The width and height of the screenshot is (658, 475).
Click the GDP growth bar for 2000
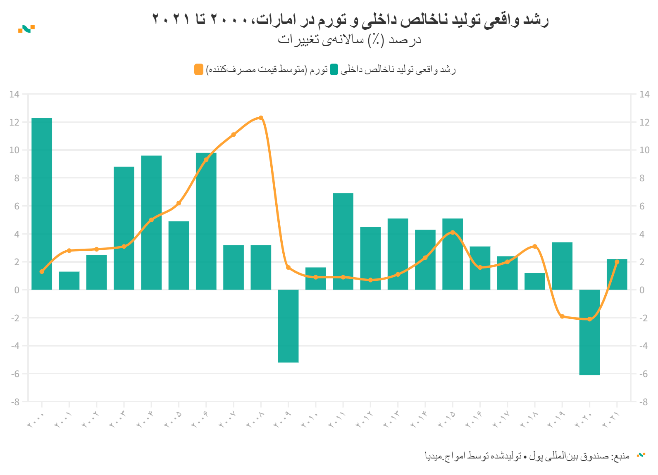click(42, 204)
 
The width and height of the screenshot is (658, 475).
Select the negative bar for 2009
click(288, 326)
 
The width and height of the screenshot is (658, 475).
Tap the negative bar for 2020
click(589, 332)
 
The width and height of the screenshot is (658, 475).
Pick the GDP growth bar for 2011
click(343, 241)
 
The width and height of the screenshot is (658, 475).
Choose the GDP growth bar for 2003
click(124, 228)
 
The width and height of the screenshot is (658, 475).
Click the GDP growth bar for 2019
click(562, 266)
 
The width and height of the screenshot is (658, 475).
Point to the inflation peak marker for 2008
click(261, 118)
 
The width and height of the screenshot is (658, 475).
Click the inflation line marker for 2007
click(234, 135)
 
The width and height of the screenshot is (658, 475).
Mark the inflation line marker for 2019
click(562, 316)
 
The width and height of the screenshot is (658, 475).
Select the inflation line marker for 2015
click(453, 233)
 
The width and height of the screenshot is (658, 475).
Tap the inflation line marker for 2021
click(617, 262)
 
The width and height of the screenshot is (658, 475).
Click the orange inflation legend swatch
click(199, 69)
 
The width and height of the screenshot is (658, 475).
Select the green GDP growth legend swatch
click(334, 69)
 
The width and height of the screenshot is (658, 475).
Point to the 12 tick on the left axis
click(14, 122)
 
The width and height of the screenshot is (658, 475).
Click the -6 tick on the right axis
click(644, 374)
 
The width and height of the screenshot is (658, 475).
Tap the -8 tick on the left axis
click(14, 402)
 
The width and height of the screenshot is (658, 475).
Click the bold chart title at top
click(350, 19)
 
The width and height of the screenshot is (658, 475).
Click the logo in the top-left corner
click(26, 29)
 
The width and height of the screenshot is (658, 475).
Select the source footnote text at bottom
click(527, 456)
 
